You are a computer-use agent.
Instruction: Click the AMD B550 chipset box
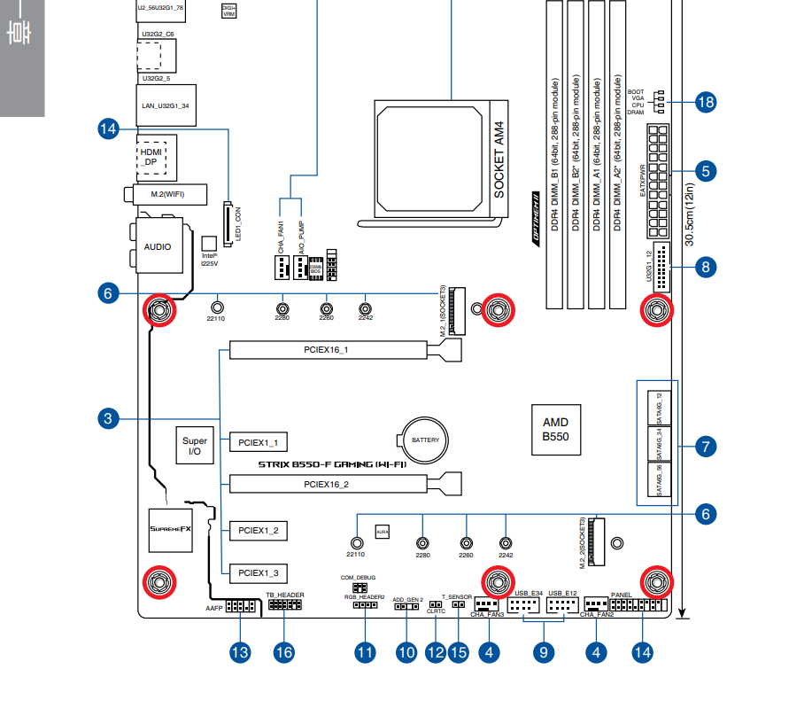[x=555, y=429]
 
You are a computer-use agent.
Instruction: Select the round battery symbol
[x=424, y=440]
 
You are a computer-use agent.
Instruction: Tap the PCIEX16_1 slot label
[x=327, y=350]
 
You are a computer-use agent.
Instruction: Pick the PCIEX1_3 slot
[x=258, y=572]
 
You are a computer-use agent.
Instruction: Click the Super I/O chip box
[x=195, y=447]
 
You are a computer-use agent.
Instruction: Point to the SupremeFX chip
[x=170, y=528]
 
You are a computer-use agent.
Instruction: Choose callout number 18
[x=705, y=102]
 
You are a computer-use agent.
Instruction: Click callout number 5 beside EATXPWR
[x=705, y=170]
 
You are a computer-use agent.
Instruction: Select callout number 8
[x=705, y=266]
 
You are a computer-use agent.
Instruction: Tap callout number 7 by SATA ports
[x=705, y=447]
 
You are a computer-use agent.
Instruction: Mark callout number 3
[x=108, y=418]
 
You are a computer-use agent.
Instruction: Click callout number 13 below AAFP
[x=240, y=653]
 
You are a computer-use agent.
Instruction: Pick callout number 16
[x=282, y=653]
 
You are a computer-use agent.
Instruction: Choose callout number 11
[x=365, y=653]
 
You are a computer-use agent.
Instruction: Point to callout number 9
[x=543, y=653]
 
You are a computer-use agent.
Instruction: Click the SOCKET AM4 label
[x=498, y=160]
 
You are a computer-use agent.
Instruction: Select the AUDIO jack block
[x=159, y=247]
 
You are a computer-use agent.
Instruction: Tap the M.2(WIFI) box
[x=166, y=194]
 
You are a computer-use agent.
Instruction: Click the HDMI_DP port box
[x=152, y=157]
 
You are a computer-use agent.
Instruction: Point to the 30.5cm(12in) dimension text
[x=690, y=212]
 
